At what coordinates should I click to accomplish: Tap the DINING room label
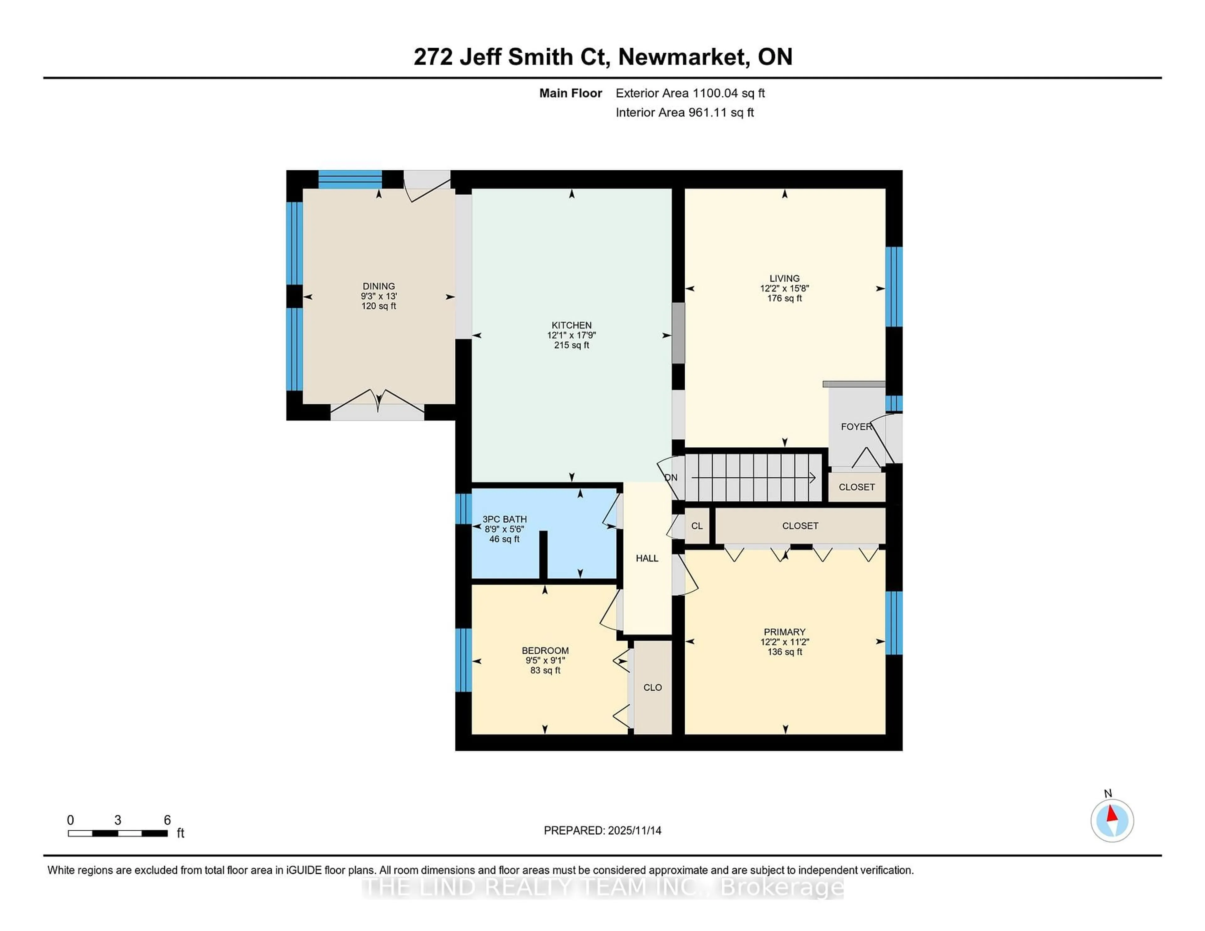[378, 286]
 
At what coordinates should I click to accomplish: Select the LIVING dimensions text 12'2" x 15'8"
[784, 289]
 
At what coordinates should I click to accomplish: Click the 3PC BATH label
[504, 519]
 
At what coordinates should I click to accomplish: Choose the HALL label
[647, 558]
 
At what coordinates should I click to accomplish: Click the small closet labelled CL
[697, 526]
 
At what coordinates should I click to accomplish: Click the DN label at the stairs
[671, 478]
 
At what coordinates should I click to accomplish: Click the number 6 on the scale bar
[167, 820]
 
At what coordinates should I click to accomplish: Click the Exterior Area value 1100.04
[715, 93]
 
